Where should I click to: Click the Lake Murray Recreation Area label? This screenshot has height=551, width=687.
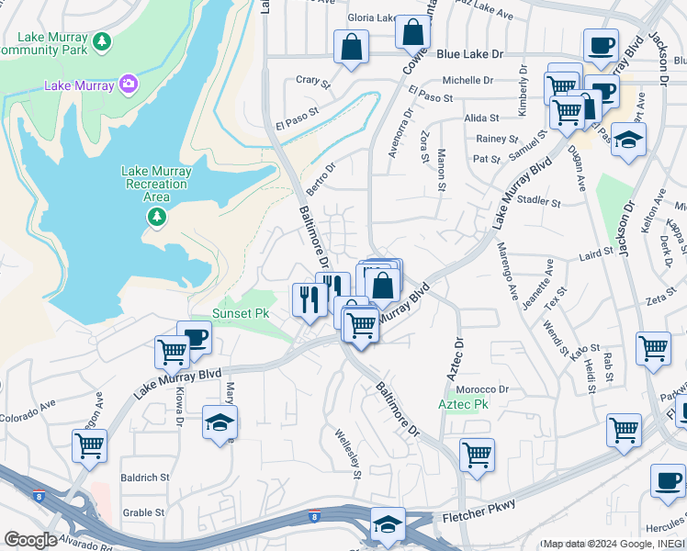(157, 184)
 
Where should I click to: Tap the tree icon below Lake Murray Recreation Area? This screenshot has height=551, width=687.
(157, 217)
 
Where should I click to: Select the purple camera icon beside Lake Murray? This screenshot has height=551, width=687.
(129, 85)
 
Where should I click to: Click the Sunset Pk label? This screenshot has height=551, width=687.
(241, 313)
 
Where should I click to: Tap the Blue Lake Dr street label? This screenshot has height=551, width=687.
(470, 55)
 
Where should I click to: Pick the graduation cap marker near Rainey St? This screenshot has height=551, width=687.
(628, 140)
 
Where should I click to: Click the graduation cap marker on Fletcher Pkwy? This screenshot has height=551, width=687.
(388, 523)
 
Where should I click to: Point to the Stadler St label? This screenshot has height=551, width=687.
(539, 200)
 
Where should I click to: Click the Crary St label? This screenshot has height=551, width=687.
(312, 82)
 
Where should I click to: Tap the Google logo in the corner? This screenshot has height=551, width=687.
(29, 540)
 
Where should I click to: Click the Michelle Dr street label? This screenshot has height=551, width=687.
(468, 80)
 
